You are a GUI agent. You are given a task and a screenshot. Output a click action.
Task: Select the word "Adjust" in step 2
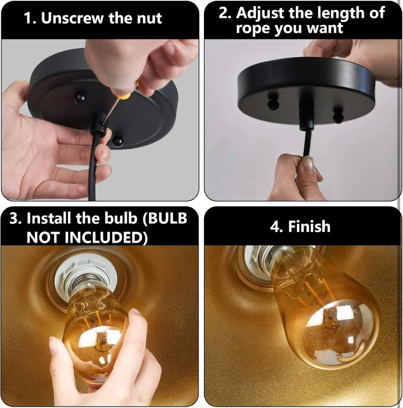tap(261, 13)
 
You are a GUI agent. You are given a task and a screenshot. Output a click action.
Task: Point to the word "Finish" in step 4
tap(309, 227)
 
